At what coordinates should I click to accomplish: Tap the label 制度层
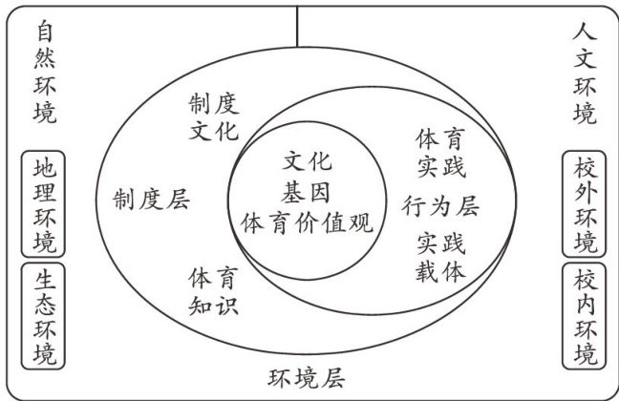click(150, 200)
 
